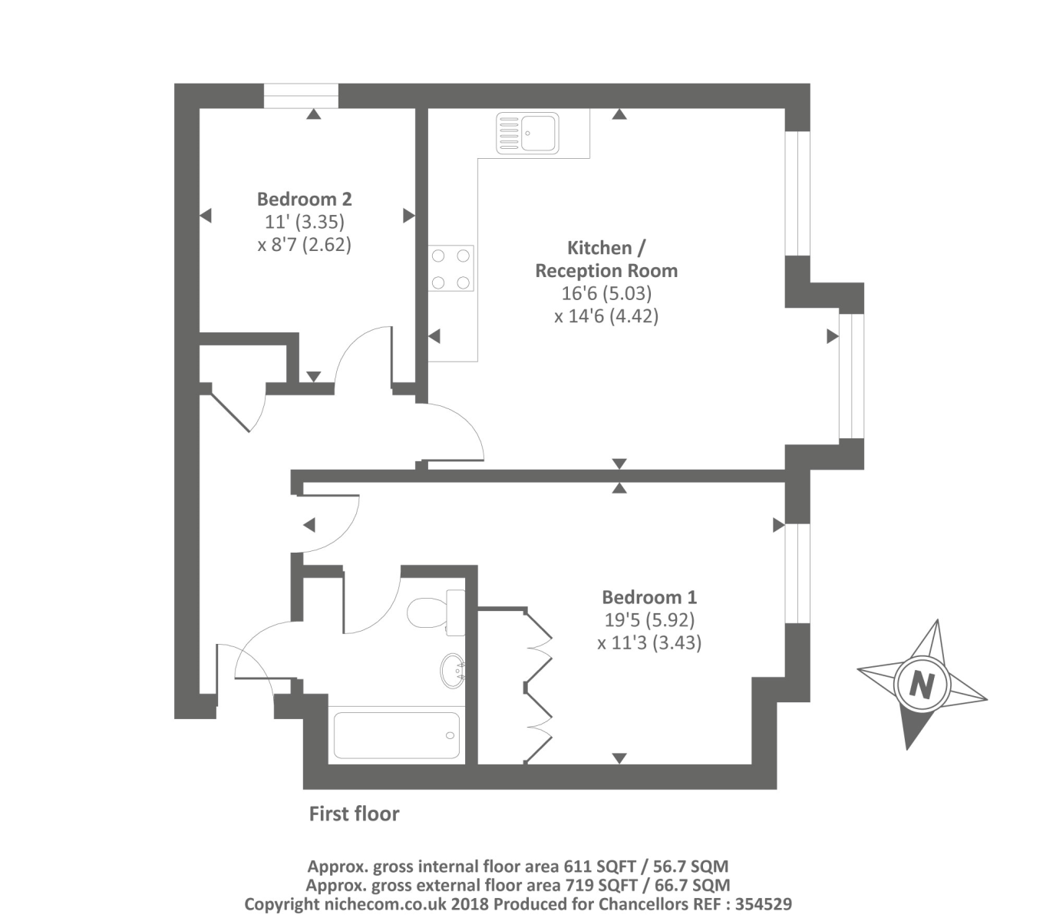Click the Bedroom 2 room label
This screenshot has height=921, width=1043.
point(304,200)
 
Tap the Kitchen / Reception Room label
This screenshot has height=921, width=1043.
point(606,259)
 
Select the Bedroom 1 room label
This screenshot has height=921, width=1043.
point(649,597)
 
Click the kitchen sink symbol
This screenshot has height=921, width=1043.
point(527,133)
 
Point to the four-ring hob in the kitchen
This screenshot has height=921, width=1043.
point(451,269)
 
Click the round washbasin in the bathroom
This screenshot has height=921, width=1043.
point(453,671)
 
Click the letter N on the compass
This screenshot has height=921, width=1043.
point(921,683)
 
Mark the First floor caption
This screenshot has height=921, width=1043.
point(354,814)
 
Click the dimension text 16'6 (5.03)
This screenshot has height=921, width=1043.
point(606,293)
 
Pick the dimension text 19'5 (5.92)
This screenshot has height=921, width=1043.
point(649,619)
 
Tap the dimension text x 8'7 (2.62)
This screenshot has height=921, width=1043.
point(304,245)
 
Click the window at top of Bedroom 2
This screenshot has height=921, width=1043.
point(301,96)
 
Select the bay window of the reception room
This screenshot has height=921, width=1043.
point(851,376)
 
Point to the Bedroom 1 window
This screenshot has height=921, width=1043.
point(798,573)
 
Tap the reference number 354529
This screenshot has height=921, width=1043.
point(763,904)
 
